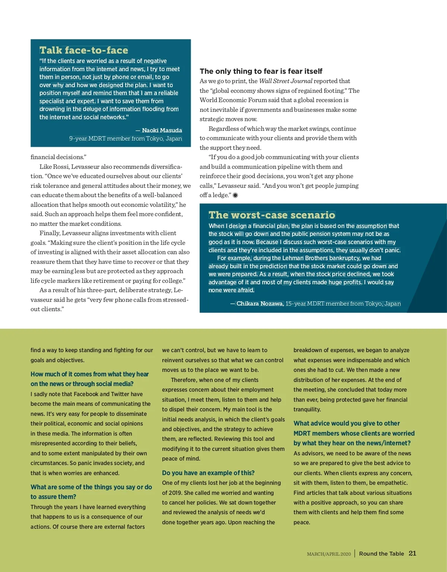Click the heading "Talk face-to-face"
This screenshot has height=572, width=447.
pyautogui.click(x=84, y=50)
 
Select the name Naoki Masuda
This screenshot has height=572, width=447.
pyautogui.click(x=162, y=130)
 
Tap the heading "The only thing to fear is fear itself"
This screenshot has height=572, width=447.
pyautogui.click(x=261, y=71)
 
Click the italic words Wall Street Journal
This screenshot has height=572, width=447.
pyautogui.click(x=285, y=81)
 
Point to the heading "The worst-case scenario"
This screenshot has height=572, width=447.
pyautogui.click(x=272, y=215)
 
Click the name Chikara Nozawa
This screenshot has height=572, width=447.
pyautogui.click(x=260, y=304)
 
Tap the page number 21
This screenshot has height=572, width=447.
pyautogui.click(x=412, y=553)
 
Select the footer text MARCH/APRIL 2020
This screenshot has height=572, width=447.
pyautogui.click(x=329, y=554)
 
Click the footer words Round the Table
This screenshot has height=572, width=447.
pyautogui.click(x=381, y=554)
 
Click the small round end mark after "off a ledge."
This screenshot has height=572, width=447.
pyautogui.click(x=235, y=195)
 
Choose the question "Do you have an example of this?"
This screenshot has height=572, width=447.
pyautogui.click(x=208, y=473)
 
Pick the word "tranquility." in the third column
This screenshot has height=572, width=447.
pyautogui.click(x=307, y=410)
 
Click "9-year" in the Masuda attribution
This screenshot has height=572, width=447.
pyautogui.click(x=78, y=139)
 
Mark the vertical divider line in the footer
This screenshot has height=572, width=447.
pyautogui.click(x=355, y=553)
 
